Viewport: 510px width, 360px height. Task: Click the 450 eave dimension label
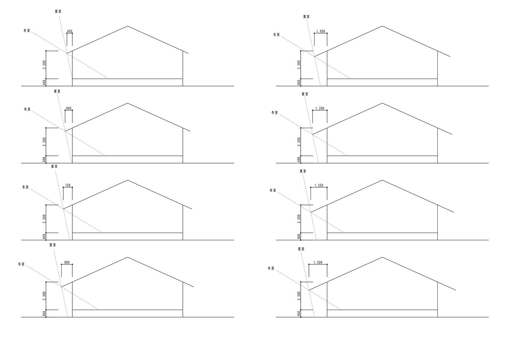click(69, 32)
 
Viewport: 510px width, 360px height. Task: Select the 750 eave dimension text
click(68, 185)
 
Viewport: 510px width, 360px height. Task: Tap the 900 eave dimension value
click(67, 263)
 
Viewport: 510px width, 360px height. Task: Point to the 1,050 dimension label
click(320, 32)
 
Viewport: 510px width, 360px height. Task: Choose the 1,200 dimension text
click(319, 109)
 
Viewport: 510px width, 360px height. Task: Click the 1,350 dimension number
click(318, 185)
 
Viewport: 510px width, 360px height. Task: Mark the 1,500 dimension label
click(318, 263)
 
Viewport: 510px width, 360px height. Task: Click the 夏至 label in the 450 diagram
click(58, 11)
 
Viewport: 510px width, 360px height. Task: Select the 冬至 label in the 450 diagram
click(27, 31)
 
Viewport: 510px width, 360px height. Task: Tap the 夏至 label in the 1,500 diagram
click(301, 249)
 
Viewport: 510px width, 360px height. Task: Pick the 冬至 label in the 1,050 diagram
click(276, 35)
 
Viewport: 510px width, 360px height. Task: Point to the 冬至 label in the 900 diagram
click(21, 264)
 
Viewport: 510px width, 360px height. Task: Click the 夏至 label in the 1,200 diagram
click(305, 94)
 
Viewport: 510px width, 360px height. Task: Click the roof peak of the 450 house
click(127, 26)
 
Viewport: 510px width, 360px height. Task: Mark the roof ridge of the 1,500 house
click(382, 257)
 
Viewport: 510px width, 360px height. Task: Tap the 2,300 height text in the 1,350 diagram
click(299, 219)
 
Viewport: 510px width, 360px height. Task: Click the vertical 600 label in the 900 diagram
click(44, 314)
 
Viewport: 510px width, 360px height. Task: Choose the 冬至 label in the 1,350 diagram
click(273, 190)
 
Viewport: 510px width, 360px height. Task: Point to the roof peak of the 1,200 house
click(382, 103)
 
